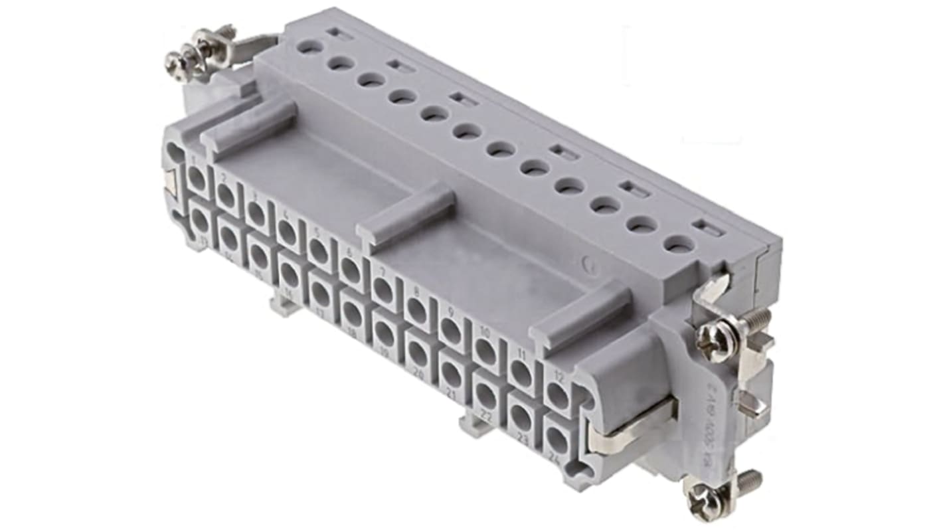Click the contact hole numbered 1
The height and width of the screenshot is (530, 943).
198,179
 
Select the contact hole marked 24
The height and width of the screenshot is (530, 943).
555,441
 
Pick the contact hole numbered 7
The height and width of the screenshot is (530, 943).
383,290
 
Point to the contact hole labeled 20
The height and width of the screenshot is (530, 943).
418,354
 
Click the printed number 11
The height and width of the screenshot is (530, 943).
520,355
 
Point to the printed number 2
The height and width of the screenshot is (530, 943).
224,178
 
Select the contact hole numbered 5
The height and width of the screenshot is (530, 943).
319,250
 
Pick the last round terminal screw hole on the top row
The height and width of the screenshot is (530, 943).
679,245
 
